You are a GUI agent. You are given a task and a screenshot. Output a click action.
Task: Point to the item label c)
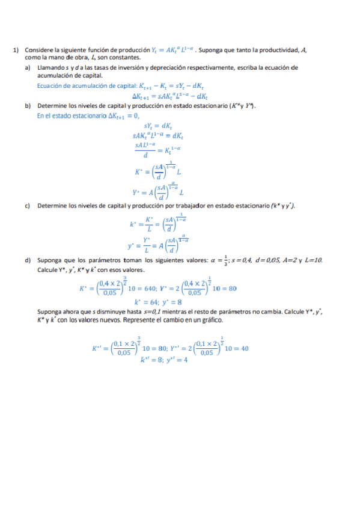click(28, 206)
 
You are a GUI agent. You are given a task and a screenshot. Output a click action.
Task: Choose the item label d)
click(28, 260)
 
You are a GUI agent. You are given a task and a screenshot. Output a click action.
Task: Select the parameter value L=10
click(316, 260)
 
